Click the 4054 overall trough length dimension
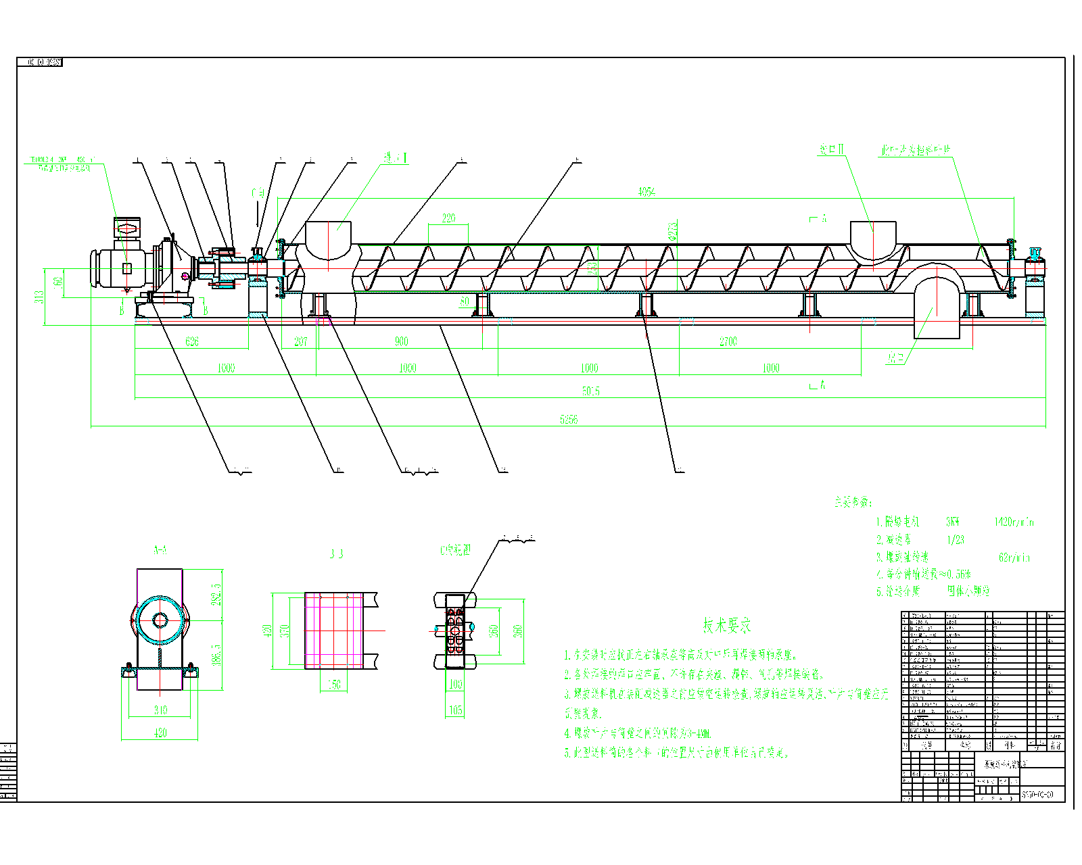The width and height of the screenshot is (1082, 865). [646, 192]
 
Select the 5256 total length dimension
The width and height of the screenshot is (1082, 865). [569, 420]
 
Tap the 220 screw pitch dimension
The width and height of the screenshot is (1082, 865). [448, 218]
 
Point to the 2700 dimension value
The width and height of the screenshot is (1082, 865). [728, 341]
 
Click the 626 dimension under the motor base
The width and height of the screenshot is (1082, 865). [192, 341]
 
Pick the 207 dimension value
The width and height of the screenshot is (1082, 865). [300, 341]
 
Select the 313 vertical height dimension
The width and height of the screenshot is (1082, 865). [40, 297]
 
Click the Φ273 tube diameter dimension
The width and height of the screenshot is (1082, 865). [673, 231]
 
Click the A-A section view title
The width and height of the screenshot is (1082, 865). [160, 550]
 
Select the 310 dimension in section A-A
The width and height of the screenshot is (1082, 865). [160, 710]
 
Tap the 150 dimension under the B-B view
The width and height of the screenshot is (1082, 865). [334, 685]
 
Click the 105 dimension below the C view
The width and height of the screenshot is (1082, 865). [456, 710]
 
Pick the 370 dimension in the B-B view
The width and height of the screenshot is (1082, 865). [285, 631]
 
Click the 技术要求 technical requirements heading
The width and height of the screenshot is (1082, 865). [726, 626]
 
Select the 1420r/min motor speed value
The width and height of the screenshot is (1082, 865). [1013, 522]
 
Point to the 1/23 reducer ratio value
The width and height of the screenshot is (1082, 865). [956, 540]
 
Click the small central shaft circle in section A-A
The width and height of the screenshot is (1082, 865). [160, 620]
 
